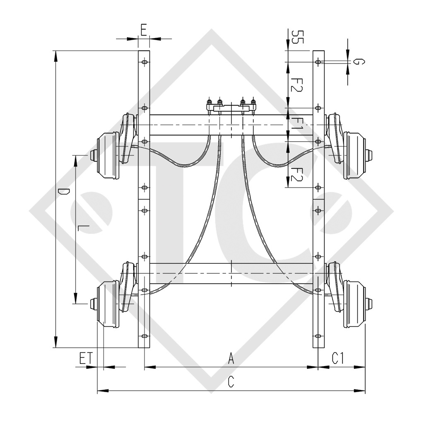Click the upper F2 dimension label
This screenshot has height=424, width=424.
click(x=296, y=85)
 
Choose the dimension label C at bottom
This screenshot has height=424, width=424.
click(x=231, y=383)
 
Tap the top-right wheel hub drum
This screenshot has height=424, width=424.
click(x=355, y=156)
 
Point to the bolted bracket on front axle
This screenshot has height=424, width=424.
click(x=231, y=107)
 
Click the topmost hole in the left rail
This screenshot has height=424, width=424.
click(x=144, y=62)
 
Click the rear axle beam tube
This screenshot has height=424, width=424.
click(x=231, y=273)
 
